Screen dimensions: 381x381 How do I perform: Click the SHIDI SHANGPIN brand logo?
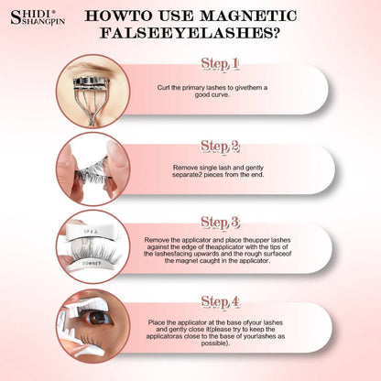pos(38,17)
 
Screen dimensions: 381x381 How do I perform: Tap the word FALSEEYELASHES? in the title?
pos(190,33)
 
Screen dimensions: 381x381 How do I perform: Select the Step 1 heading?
pos(220,64)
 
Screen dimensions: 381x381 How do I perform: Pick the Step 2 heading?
pos(220,147)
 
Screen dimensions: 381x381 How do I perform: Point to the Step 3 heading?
pos(220,223)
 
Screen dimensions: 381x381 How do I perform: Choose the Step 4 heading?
pos(220,301)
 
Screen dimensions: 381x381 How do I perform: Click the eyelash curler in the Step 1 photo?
pos(92,98)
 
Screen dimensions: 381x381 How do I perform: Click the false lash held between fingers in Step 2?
pos(93,173)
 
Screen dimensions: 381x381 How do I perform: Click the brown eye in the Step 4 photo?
pos(97,318)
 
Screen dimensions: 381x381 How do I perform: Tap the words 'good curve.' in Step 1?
pos(212,95)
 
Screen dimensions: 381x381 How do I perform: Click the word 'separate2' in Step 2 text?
pos(187,175)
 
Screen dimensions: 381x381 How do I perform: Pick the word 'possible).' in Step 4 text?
pos(215,343)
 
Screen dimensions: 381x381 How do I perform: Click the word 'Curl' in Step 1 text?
pos(163,88)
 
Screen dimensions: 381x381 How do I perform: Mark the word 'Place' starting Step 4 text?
pos(157,322)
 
